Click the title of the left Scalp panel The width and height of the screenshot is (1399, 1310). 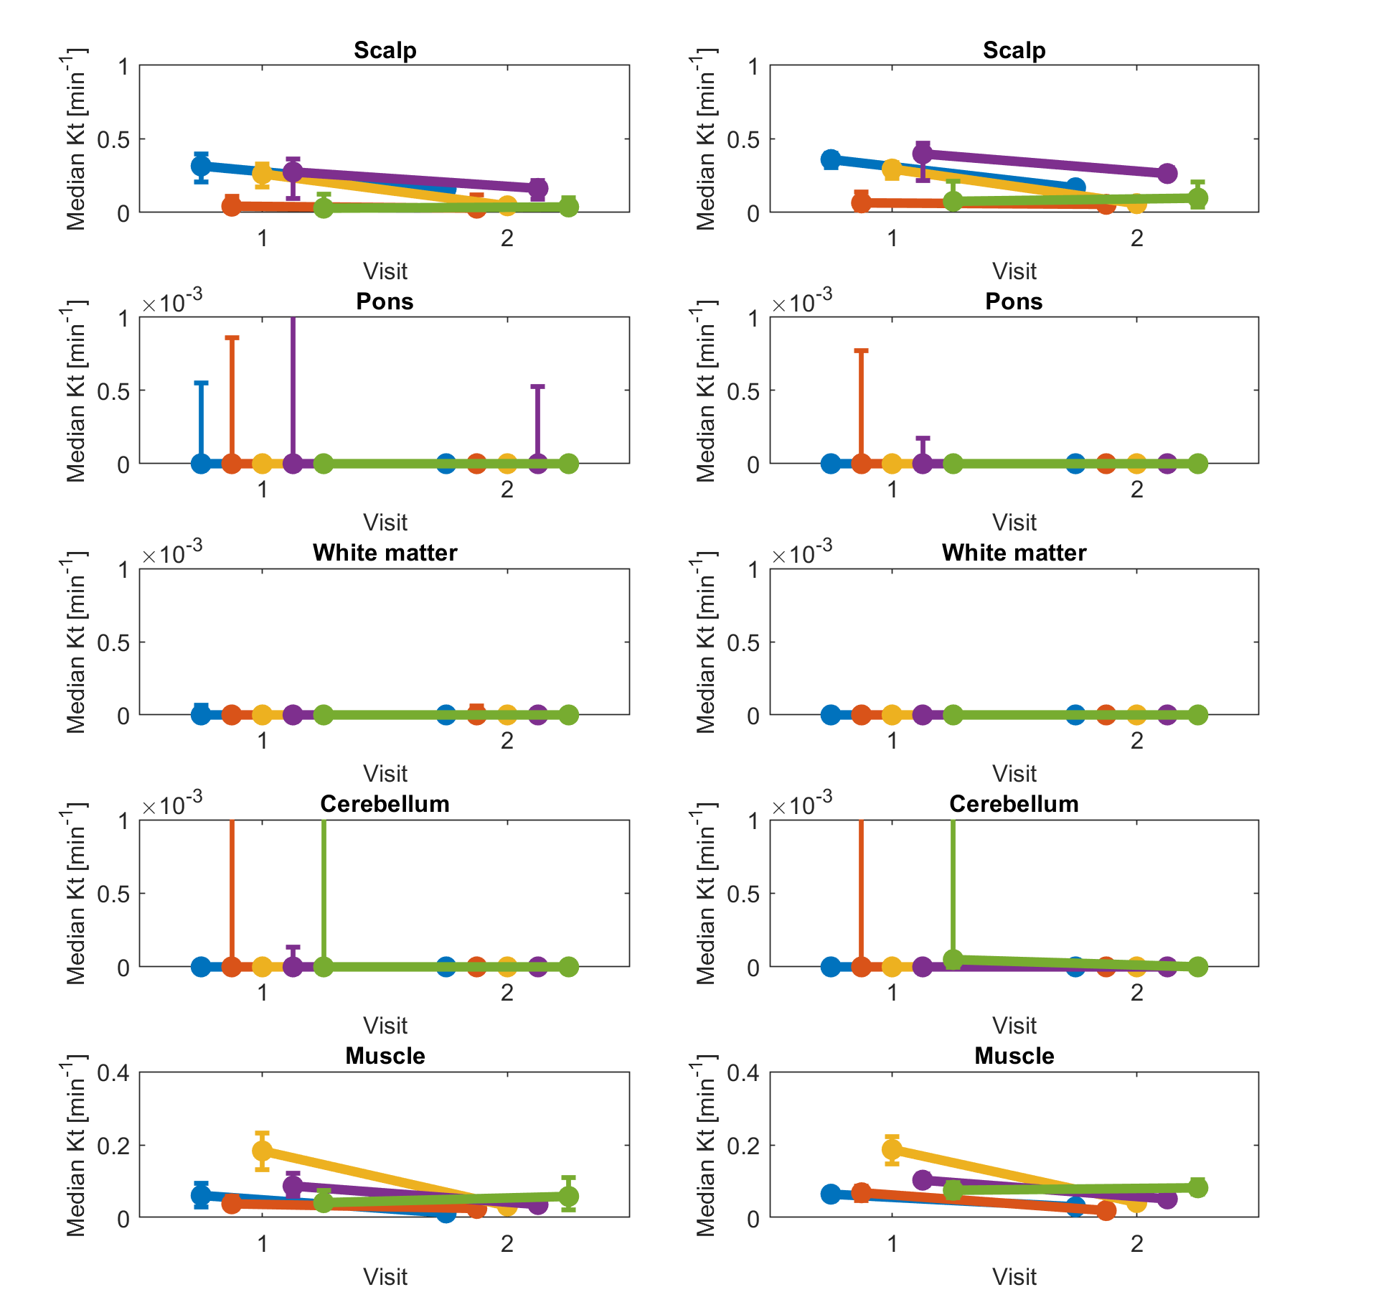coord(385,50)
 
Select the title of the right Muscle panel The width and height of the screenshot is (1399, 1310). coord(1014,1055)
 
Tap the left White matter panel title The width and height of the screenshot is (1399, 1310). coord(385,553)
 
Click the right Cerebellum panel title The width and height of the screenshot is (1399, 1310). coord(1014,804)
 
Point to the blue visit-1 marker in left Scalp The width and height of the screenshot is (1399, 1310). coord(202,167)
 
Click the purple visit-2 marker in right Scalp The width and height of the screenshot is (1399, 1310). coord(1167,173)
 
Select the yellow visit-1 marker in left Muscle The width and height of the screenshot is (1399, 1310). coord(263,1151)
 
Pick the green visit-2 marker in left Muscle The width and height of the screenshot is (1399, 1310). coord(568,1196)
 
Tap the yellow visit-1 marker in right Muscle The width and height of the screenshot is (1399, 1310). coord(892,1149)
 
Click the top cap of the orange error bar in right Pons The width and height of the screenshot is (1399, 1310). coord(861,351)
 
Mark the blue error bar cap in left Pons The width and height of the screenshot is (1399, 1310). coord(202,383)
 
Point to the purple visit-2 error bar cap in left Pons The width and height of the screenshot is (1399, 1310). coord(538,387)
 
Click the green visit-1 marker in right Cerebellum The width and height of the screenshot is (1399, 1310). coord(953,959)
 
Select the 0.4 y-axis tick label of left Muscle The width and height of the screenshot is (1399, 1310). coord(113,1073)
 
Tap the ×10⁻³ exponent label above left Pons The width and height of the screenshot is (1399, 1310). coord(172,301)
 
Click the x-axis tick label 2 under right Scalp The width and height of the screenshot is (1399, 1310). coord(1136,238)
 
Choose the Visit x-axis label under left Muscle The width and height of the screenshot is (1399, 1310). coord(385,1276)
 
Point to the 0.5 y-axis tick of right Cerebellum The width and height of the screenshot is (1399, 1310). coord(743,894)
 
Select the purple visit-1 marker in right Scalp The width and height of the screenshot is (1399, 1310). coord(923,153)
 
